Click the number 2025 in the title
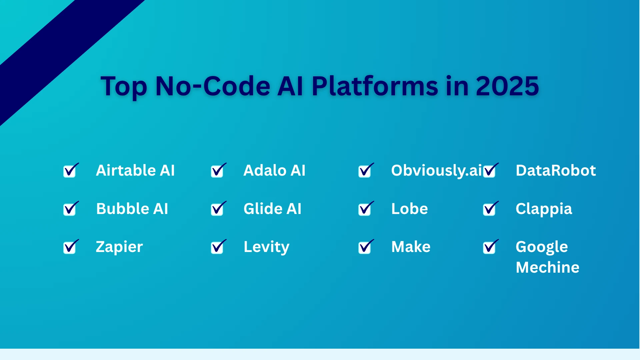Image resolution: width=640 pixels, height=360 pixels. [507, 86]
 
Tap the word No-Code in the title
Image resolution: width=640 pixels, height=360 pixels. [213, 86]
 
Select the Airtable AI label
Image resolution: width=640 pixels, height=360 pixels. [135, 170]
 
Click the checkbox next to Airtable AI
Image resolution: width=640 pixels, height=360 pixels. [70, 171]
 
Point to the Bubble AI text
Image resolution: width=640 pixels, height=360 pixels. [132, 209]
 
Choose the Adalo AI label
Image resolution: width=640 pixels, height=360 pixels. [274, 170]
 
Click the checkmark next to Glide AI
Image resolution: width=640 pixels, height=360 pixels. [218, 209]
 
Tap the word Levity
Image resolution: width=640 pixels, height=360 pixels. [266, 247]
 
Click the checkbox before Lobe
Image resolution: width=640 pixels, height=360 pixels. [365, 209]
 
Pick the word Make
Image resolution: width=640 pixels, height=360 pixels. [411, 247]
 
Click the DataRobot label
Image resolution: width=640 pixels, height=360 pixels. [555, 170]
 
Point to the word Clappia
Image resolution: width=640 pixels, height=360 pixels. [544, 209]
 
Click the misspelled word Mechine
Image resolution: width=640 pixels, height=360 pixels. [547, 267]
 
